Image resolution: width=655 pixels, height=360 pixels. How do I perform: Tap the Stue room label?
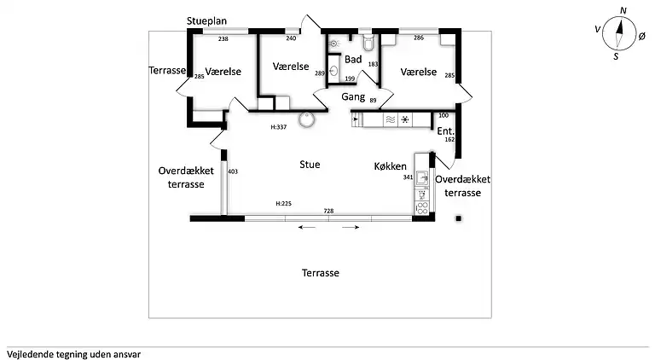coord(310,164)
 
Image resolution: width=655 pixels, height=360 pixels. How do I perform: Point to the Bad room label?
coord(353,59)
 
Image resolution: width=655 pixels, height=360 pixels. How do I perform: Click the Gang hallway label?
coord(353,97)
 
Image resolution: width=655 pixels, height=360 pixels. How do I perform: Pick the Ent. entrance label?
coord(445,131)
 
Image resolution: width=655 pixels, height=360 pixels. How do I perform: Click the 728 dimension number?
coord(328,211)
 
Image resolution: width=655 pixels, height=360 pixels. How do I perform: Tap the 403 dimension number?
coord(233,171)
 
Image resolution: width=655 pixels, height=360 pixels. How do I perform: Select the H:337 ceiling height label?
coord(277,127)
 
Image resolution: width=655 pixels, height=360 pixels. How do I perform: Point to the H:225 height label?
coord(284,204)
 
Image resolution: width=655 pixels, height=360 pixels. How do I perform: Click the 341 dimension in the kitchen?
coord(408,177)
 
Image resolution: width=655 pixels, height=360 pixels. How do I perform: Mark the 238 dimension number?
coord(223,39)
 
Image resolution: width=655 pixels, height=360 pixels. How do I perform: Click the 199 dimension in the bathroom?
coord(349,79)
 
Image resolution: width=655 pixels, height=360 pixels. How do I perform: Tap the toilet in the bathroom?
coord(367,44)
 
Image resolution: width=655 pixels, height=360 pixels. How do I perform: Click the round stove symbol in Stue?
coord(307,119)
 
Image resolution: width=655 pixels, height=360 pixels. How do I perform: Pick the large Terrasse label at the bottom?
coord(321,273)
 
